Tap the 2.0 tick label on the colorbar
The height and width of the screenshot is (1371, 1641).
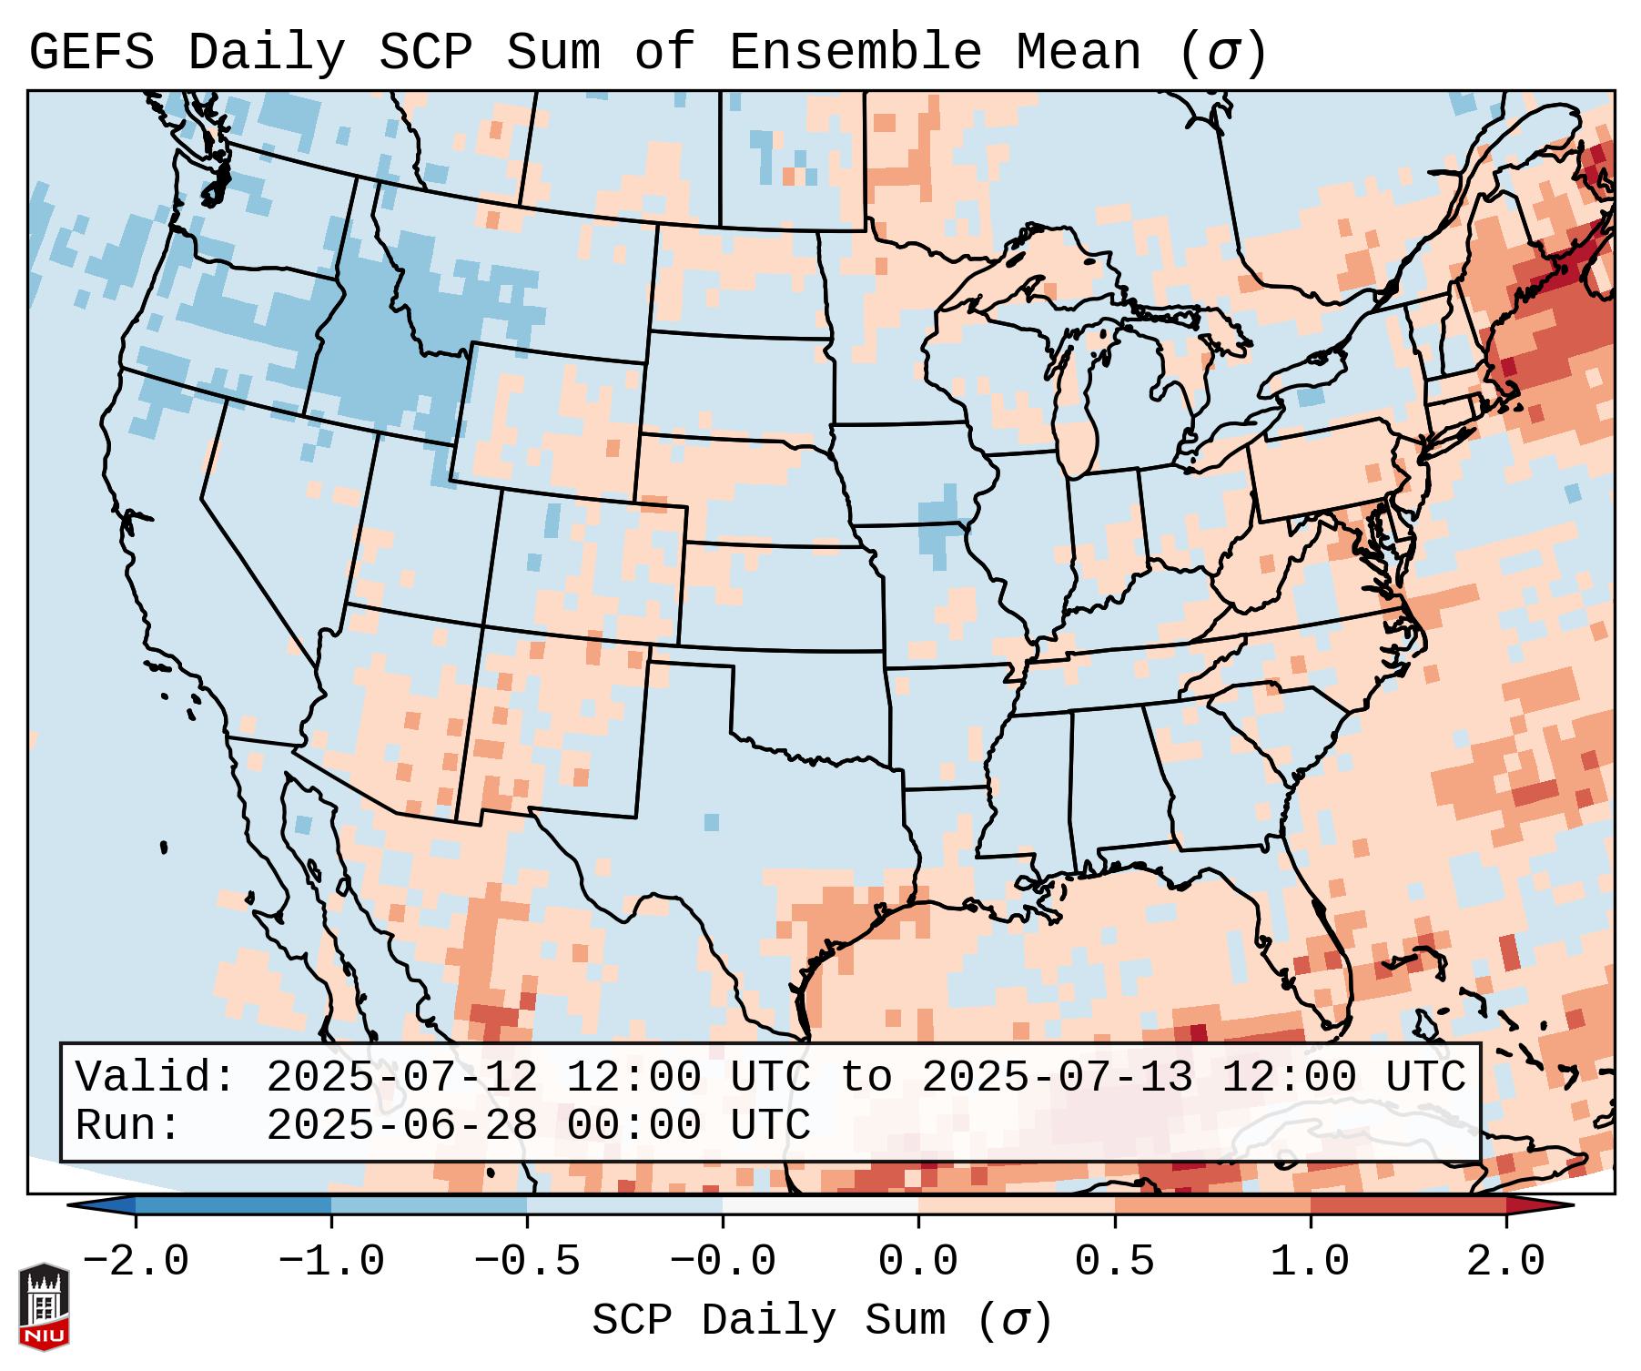(1505, 1262)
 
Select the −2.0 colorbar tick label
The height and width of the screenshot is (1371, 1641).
(136, 1262)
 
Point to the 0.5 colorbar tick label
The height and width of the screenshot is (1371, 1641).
(1114, 1262)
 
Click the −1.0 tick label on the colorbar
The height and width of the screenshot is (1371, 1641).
(331, 1262)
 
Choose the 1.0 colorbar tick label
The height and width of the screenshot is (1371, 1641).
(1310, 1262)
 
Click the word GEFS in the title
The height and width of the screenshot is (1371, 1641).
(91, 53)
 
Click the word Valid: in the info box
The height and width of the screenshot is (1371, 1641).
(156, 1077)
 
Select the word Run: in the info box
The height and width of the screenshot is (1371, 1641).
(127, 1125)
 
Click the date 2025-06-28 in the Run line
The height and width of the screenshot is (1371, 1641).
(401, 1125)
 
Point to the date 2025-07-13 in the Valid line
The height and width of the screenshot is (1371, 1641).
(1057, 1077)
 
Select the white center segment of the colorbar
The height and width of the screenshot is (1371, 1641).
(820, 1205)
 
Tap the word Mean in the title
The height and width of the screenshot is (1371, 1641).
(1078, 53)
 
